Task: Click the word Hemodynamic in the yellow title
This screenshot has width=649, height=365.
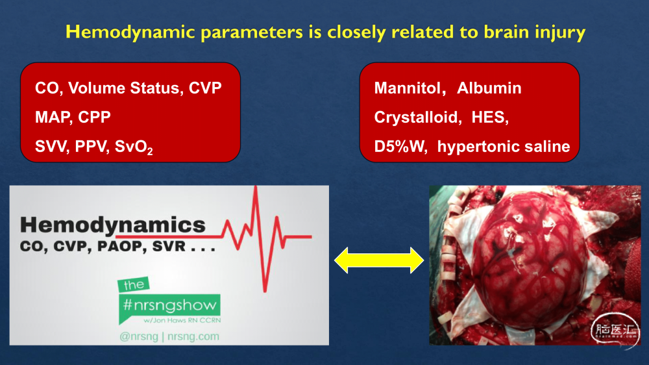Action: click(130, 32)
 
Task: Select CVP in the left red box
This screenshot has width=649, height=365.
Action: click(205, 88)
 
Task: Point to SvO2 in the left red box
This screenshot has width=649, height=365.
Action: click(134, 147)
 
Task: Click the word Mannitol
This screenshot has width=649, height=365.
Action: click(410, 88)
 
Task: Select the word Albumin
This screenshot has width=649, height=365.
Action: click(489, 88)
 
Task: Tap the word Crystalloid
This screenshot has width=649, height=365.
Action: click(417, 118)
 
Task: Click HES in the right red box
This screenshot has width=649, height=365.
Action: click(489, 118)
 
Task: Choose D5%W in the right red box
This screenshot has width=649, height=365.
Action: click(400, 147)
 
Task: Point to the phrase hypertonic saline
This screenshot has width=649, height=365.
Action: click(504, 147)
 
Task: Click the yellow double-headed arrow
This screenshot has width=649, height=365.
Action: click(379, 260)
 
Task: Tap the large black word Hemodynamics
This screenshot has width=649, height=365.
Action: click(112, 225)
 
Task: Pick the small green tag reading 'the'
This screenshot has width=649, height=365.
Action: click(133, 284)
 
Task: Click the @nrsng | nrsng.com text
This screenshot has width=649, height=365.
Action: click(169, 336)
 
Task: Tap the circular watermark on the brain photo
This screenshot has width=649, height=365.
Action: click(615, 331)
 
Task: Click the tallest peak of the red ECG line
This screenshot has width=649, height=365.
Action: click(256, 187)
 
